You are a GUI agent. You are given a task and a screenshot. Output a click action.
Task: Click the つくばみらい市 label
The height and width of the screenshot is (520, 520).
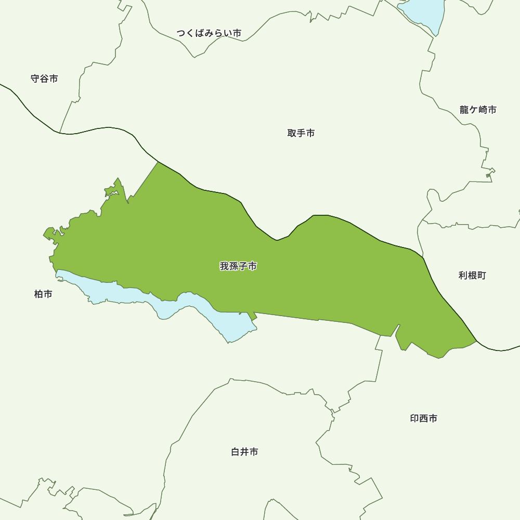[209, 33]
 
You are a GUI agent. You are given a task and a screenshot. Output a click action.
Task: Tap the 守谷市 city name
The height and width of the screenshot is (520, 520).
[44, 79]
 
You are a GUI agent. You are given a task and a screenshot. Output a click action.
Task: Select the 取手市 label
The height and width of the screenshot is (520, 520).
[301, 133]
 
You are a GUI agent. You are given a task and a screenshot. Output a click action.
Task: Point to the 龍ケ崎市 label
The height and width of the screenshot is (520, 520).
[478, 110]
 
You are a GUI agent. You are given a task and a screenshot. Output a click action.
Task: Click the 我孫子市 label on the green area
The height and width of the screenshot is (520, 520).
[238, 266]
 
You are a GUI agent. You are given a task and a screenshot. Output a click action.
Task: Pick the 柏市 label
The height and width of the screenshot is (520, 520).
[43, 294]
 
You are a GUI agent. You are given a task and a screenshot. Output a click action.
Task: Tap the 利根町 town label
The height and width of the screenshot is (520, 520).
[472, 275]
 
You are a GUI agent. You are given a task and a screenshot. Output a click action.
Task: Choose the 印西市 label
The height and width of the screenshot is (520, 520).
[423, 418]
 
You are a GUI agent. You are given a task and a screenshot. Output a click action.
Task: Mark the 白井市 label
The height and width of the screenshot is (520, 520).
[244, 452]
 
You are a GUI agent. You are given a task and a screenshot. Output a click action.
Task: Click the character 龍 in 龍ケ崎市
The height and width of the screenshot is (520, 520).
[464, 110]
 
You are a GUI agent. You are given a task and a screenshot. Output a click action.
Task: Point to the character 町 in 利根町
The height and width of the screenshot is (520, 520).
[482, 275]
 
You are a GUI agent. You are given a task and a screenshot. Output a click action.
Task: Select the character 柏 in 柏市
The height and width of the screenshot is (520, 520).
[38, 294]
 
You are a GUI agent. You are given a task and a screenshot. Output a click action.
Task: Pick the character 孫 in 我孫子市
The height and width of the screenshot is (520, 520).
[233, 266]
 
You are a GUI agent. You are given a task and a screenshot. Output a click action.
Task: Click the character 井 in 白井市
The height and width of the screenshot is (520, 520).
[244, 452]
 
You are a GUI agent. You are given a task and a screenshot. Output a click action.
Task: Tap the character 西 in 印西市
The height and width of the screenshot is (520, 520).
[423, 418]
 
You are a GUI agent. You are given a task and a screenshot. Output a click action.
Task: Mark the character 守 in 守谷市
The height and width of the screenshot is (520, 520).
[35, 79]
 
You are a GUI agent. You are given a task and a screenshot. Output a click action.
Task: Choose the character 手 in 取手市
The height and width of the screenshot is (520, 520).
[301, 133]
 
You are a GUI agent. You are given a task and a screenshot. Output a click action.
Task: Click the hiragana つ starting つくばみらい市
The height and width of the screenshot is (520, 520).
[181, 33]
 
